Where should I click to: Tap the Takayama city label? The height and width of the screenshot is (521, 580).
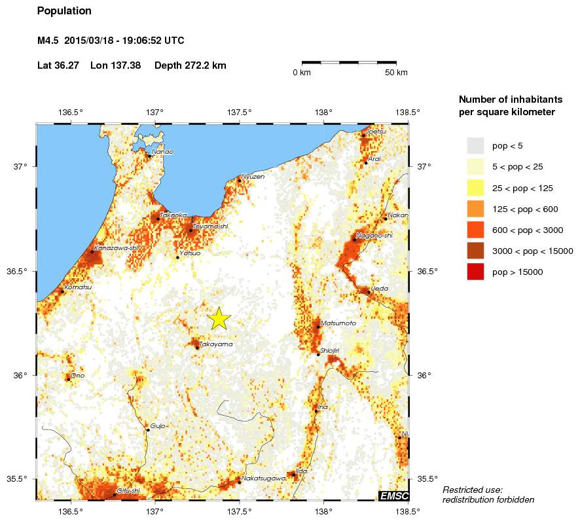coord(216,344)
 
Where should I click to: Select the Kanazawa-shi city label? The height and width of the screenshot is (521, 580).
coord(117,248)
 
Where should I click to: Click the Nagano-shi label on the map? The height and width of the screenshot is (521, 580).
coord(374,236)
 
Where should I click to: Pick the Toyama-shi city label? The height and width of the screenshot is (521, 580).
coord(210,226)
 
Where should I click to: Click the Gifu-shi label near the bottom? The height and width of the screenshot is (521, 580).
coord(128,490)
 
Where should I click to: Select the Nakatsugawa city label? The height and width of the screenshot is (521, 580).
coord(263,478)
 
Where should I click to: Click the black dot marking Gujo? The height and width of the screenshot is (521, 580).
coord(148,429)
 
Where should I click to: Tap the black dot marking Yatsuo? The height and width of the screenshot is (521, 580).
coord(177,257)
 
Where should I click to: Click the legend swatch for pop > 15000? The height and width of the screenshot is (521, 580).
coord(475,272)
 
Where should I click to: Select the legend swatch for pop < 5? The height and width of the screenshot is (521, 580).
coord(475,145)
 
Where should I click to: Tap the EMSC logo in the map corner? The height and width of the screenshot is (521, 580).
coord(393,495)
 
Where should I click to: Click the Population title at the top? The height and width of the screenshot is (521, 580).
coord(64,11)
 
